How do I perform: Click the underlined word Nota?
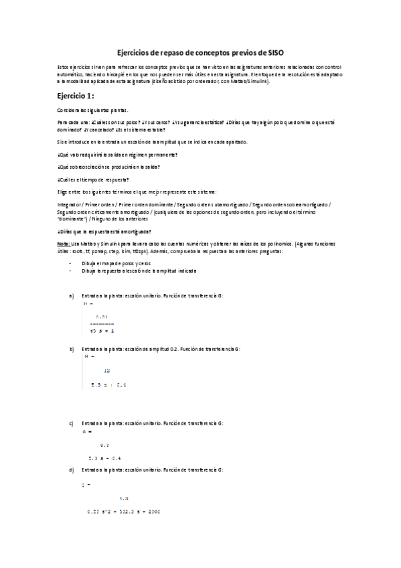tap(65, 244)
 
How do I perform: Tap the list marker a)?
tap(72, 295)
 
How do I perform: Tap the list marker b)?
tap(72, 349)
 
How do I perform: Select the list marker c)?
tap(72, 423)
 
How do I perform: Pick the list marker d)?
tap(72, 470)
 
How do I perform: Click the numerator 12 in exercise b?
tap(107, 370)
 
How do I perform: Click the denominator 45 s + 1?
tap(102, 331)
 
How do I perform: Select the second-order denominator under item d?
tap(124, 512)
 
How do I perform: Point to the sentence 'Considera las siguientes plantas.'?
tap(94, 110)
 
